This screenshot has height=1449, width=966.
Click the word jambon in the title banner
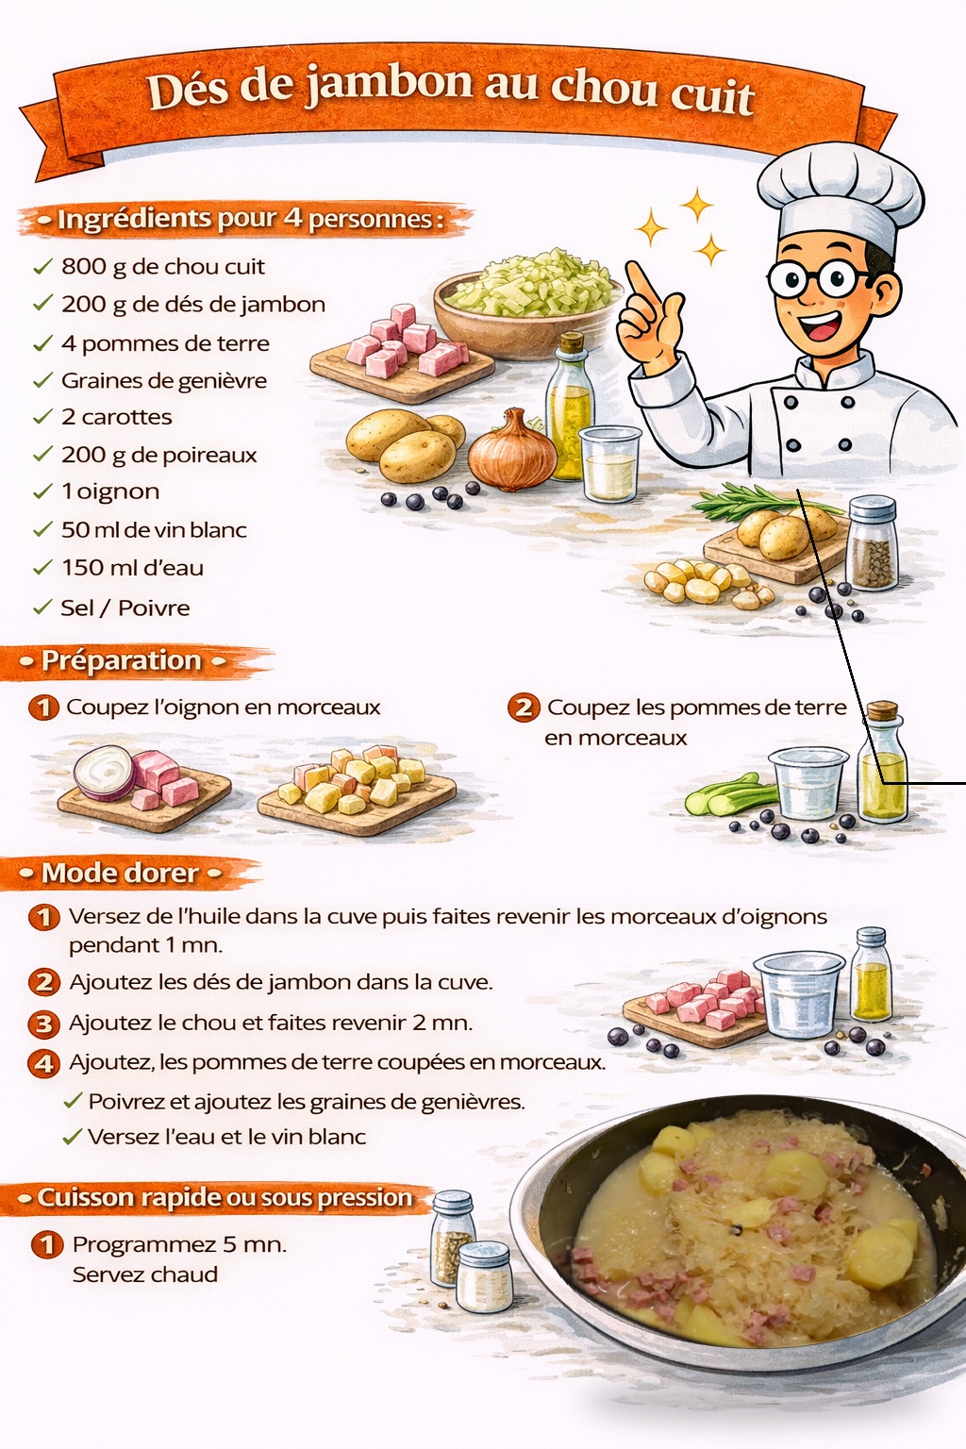(389, 83)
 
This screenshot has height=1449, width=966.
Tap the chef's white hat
(841, 194)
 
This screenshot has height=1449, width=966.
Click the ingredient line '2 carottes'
(116, 417)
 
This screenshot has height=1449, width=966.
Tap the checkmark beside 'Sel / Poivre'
(42, 608)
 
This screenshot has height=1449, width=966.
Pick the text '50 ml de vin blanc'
(154, 530)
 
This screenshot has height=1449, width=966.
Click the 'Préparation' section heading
(122, 660)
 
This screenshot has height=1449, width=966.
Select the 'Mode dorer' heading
(120, 874)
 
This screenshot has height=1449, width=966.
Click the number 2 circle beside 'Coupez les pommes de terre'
(524, 708)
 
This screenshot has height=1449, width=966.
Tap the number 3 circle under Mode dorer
(44, 1024)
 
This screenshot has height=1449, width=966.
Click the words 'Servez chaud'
(145, 1274)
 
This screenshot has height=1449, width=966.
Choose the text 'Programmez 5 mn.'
(179, 1244)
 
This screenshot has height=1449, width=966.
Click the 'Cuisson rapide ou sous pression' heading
(225, 1197)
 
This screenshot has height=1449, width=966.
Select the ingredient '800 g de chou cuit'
(163, 267)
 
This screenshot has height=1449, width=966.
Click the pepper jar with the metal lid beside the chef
(872, 542)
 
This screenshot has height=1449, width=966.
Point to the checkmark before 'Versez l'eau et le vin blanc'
(73, 1136)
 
